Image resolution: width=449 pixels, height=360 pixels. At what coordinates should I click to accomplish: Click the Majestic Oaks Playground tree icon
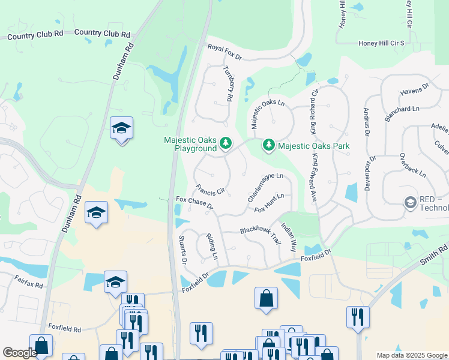click(x=226, y=143)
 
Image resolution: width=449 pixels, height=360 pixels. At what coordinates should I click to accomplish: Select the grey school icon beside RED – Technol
click(x=411, y=203)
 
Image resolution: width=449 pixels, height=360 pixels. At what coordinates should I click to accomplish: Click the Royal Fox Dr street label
click(x=224, y=52)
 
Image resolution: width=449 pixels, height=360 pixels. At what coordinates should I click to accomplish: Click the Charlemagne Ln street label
click(x=265, y=187)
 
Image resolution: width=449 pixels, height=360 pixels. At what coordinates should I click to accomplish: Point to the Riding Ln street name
click(x=212, y=247)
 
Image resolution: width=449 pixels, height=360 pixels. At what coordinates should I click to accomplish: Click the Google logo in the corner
click(x=20, y=353)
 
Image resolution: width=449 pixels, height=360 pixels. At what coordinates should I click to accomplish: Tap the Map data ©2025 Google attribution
click(x=411, y=355)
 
